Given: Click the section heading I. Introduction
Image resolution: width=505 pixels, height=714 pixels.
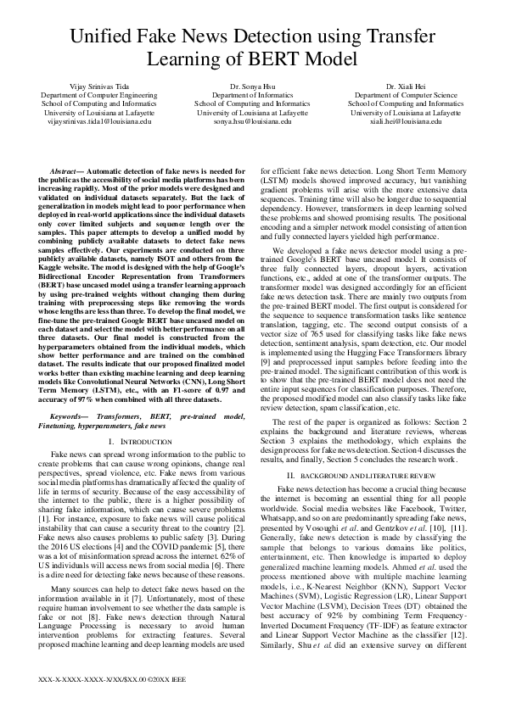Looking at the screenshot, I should pyautogui.click(x=140, y=443).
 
